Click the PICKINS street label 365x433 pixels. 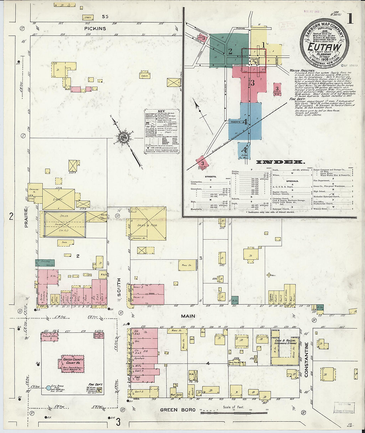click(x=95, y=29)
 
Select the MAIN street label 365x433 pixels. click(x=188, y=316)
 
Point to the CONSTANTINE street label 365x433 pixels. click(x=306, y=360)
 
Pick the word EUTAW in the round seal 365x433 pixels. click(x=324, y=47)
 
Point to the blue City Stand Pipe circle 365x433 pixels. click(x=48, y=387)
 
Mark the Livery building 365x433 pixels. click(x=58, y=199)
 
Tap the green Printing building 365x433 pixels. click(x=45, y=263)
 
